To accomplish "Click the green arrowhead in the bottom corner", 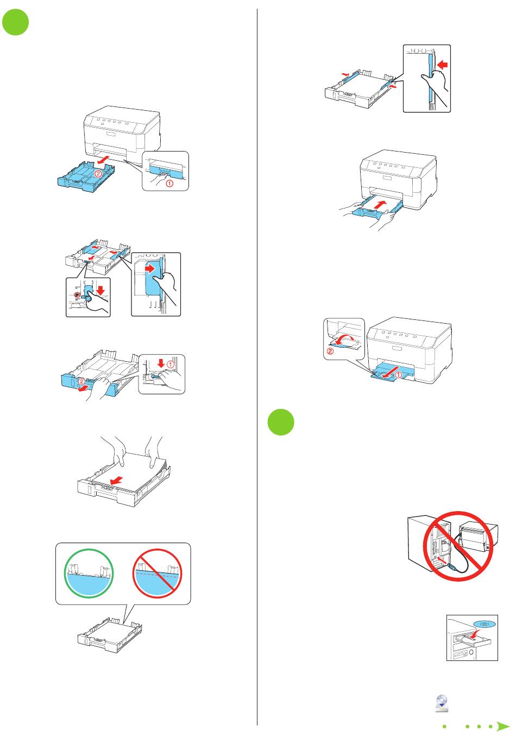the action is [x=503, y=726].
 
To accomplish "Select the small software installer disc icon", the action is [x=442, y=703].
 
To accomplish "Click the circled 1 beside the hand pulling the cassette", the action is [x=169, y=183].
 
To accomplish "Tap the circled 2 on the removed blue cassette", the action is [x=98, y=173].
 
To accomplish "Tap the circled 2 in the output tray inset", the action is [x=330, y=351].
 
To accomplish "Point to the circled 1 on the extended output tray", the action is [x=398, y=375].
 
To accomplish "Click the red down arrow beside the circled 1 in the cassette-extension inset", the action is [x=161, y=363].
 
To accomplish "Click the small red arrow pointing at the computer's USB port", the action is [x=442, y=558].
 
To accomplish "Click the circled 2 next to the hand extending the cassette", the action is [x=81, y=382].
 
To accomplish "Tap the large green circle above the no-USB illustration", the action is [x=281, y=422].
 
